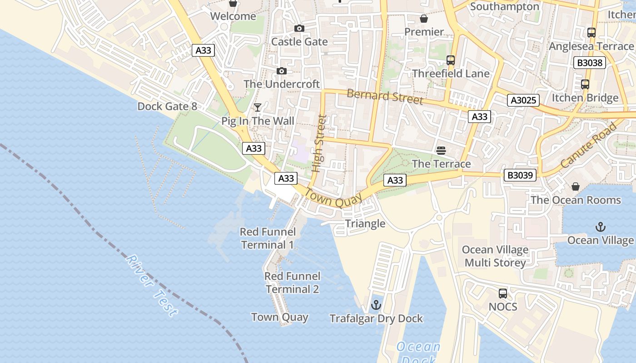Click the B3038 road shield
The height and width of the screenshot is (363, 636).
(590, 63)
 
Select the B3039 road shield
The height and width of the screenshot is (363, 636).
(520, 175)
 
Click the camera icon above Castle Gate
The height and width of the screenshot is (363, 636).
(299, 29)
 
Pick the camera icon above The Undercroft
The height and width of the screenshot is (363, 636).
(282, 71)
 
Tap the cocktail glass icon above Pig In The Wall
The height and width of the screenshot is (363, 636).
(258, 108)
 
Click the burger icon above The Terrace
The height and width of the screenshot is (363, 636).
(441, 150)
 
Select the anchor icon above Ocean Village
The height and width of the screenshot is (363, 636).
(601, 226)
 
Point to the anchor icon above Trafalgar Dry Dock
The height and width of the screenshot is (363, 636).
(376, 305)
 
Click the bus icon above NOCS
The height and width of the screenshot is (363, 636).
(503, 294)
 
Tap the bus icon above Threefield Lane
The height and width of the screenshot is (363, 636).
(451, 60)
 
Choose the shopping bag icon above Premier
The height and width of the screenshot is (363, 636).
(424, 19)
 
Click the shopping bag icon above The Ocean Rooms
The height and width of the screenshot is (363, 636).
(575, 186)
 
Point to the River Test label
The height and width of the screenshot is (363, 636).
(151, 285)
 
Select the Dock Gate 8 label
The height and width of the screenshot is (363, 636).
(167, 106)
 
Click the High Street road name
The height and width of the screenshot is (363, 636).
(319, 143)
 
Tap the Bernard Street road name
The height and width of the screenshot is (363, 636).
(385, 96)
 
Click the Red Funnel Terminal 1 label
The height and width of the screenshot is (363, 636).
(268, 238)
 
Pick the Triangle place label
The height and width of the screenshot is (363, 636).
(365, 223)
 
